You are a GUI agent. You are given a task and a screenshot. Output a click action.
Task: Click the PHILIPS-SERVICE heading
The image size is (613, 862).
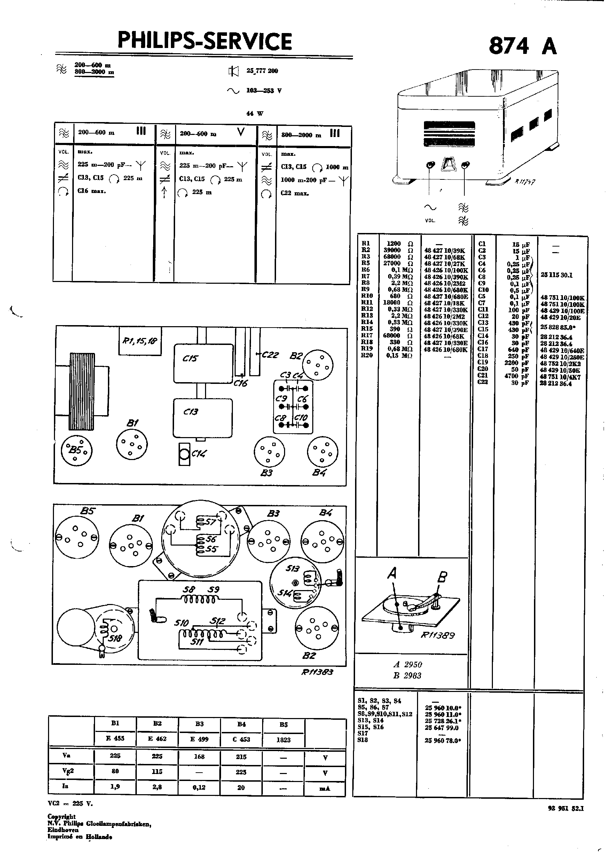click(x=205, y=41)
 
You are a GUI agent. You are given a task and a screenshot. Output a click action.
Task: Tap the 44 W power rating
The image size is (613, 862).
click(x=254, y=113)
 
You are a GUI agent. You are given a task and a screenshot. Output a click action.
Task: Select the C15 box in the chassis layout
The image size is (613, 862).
click(x=203, y=363)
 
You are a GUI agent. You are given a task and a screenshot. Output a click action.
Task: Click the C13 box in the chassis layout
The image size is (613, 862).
click(x=203, y=417)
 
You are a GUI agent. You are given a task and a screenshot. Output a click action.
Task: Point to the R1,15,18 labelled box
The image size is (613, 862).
click(x=140, y=341)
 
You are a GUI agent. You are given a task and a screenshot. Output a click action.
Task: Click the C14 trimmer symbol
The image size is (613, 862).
click(x=184, y=454)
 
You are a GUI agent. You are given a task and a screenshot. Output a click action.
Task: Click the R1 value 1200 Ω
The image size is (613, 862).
click(x=400, y=244)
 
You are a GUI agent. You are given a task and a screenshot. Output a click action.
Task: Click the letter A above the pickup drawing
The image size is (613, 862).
click(x=392, y=573)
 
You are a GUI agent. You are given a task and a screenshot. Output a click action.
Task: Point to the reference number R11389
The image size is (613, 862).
click(x=438, y=635)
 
